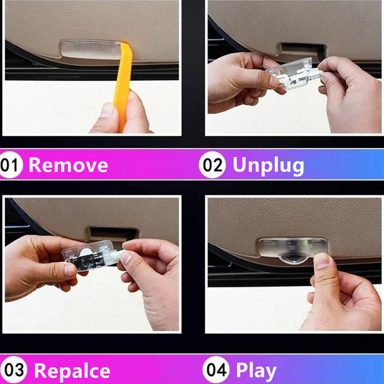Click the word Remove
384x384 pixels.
69,165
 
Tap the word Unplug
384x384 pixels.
268,166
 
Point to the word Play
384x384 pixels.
256,371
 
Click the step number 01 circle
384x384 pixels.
10,165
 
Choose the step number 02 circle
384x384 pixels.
212,165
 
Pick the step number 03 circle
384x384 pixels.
14,370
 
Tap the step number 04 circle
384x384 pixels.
216,370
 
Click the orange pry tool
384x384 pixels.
123,83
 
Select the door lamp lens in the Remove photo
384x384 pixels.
91,49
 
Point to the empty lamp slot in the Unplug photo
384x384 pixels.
302,50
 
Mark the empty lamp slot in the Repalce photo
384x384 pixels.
112,233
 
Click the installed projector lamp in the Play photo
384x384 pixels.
292,250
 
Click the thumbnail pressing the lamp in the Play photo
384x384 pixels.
321,261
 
